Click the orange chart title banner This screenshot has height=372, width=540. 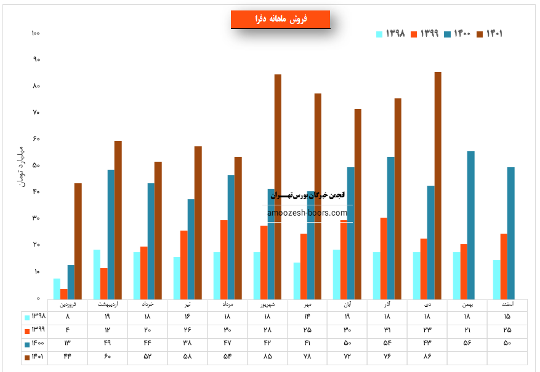[x=280, y=20]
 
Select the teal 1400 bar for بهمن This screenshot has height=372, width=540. [x=470, y=225]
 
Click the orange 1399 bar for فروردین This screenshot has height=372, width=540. [x=63, y=294]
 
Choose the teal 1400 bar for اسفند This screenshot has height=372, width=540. [x=510, y=233]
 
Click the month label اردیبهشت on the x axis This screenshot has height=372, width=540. [x=108, y=304]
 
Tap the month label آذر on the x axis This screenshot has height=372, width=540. [x=388, y=304]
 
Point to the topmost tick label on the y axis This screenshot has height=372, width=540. [x=35, y=33]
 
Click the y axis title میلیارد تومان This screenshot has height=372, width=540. [x=20, y=166]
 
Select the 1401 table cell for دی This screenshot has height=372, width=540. [x=427, y=357]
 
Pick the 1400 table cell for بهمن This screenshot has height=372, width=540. [x=467, y=343]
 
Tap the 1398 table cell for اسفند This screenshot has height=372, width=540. [x=507, y=317]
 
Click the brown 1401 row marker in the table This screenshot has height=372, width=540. [x=26, y=357]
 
